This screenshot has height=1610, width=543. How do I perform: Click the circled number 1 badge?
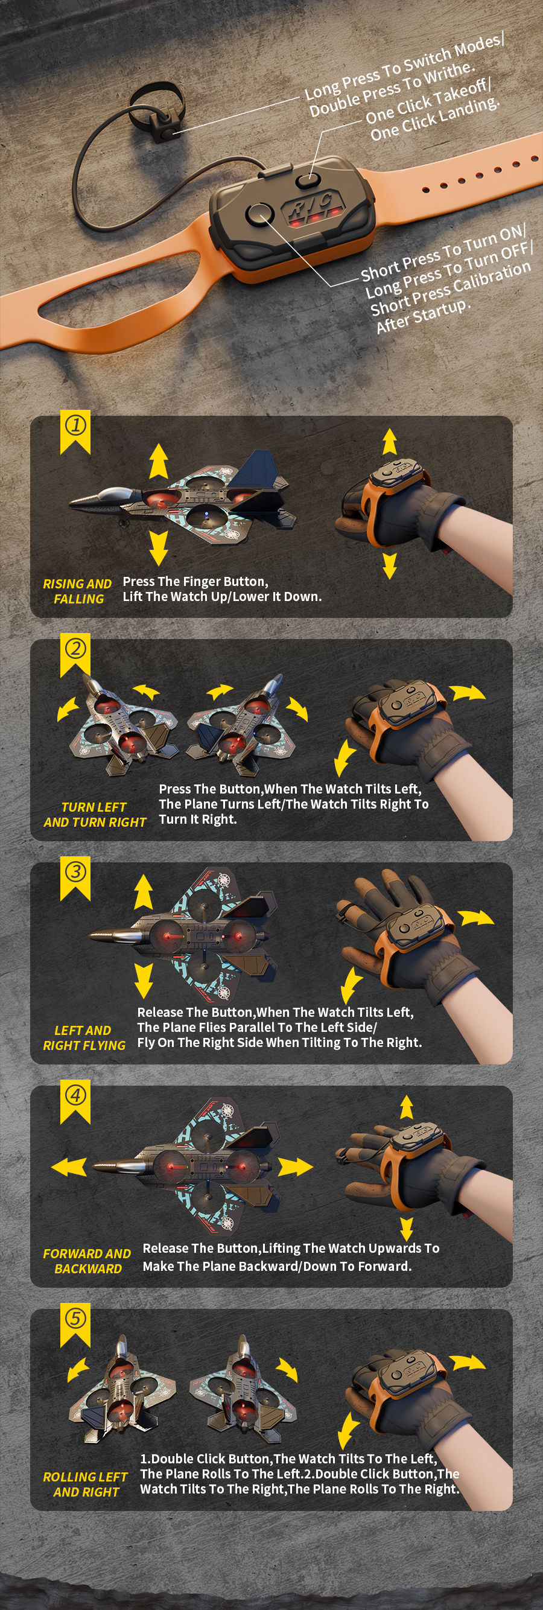click(x=75, y=425)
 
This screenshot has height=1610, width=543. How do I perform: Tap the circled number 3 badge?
click(x=75, y=871)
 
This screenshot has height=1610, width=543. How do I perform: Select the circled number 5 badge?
click(x=75, y=1318)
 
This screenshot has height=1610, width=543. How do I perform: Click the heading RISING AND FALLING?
click(x=77, y=591)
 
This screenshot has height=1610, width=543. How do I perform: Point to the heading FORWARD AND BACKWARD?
click(x=87, y=1261)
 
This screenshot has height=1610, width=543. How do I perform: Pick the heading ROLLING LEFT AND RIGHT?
click(x=86, y=1484)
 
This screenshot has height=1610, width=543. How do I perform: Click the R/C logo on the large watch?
click(x=311, y=206)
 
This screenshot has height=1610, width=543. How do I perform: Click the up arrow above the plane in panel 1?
click(x=159, y=461)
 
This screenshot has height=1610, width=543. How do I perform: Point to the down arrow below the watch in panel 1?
click(x=389, y=565)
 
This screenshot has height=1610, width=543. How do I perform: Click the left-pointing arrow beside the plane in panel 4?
click(x=69, y=1166)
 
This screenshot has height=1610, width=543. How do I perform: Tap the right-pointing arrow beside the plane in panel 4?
click(x=295, y=1166)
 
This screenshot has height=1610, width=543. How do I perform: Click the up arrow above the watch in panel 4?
click(x=406, y=1107)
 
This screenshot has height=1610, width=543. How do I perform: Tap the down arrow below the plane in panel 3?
click(x=144, y=981)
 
